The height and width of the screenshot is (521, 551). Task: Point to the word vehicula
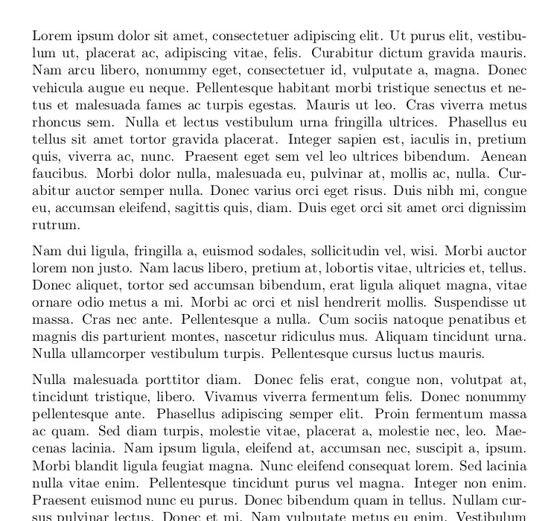[x=57, y=89]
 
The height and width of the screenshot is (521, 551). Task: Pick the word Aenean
[x=503, y=156]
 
